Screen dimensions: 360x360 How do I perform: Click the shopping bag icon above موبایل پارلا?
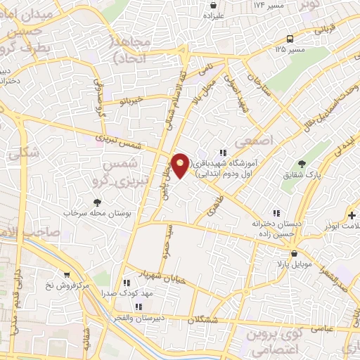294,253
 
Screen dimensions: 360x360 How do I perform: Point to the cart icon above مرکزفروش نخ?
67,275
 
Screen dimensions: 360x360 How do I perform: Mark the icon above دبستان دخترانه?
276,213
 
